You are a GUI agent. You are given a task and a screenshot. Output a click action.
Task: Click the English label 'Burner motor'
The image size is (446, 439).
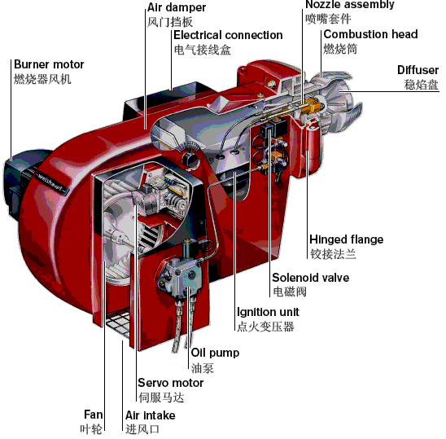[49, 64]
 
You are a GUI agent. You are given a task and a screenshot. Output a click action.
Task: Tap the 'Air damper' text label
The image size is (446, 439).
[177, 7]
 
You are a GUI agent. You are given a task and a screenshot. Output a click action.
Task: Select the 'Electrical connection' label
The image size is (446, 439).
[228, 35]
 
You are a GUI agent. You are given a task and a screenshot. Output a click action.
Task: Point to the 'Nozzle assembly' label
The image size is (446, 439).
[350, 5]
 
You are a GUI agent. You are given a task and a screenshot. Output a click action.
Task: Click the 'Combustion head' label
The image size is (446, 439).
[370, 34]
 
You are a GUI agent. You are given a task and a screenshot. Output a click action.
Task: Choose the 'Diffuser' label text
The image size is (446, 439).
[418, 70]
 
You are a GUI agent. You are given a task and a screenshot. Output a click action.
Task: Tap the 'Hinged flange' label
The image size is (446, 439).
[346, 239]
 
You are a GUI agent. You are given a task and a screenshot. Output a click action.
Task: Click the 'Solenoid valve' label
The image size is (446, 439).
[311, 278]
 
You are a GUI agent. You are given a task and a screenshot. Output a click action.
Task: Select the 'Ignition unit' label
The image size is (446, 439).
[268, 312]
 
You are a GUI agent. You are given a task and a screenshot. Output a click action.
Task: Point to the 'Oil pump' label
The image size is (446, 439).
[215, 353]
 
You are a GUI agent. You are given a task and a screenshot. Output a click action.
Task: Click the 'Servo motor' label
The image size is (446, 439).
[171, 383]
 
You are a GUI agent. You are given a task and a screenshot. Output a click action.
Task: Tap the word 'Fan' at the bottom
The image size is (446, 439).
[94, 415]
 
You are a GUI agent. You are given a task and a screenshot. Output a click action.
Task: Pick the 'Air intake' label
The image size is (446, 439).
[151, 415]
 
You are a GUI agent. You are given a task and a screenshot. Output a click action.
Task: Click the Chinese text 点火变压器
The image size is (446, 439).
[265, 327]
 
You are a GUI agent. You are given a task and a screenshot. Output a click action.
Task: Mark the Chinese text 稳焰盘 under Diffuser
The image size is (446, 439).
[422, 85]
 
